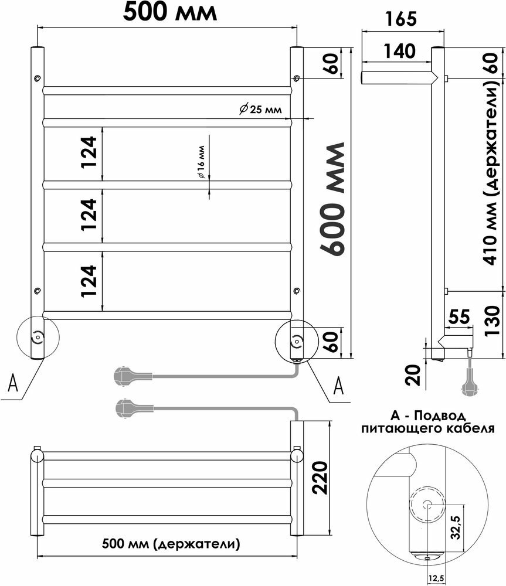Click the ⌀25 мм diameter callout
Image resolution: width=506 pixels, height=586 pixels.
click(261, 110)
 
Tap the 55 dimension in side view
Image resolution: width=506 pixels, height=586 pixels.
click(459, 317)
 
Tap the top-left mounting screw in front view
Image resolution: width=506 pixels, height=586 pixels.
click(38, 78)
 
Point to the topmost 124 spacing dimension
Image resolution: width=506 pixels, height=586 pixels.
click(87, 153)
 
